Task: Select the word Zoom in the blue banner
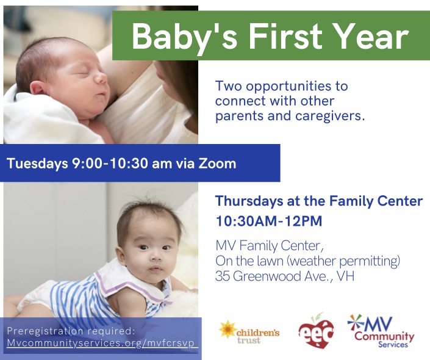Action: (x=217, y=163)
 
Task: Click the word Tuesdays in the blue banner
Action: (x=37, y=164)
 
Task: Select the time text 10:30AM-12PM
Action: (x=269, y=221)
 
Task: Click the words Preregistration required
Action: (x=71, y=331)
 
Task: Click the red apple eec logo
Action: (x=316, y=331)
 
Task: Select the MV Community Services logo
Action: (x=381, y=331)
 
